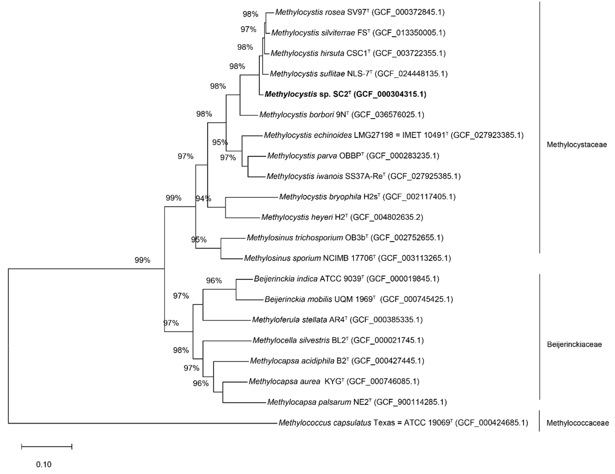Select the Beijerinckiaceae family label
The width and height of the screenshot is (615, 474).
click(574, 344)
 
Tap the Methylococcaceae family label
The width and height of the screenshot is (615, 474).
click(577, 423)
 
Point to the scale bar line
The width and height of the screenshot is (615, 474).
click(47, 446)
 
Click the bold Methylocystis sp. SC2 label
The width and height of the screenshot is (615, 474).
click(345, 94)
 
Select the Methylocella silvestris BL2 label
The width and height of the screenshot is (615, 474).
click(338, 340)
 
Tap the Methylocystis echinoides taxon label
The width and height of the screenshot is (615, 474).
click(393, 135)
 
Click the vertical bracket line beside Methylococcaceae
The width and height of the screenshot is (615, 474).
click(539, 421)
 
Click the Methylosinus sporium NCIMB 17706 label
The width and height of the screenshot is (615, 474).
click(347, 258)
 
